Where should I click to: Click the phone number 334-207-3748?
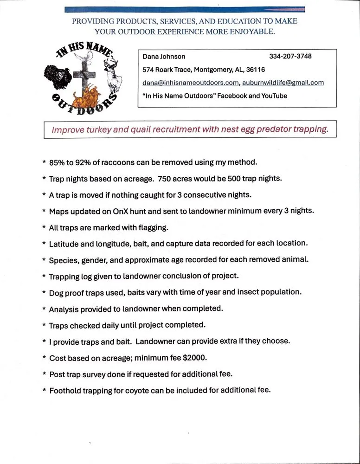[x=290, y=57]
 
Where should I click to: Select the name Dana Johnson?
[x=164, y=57]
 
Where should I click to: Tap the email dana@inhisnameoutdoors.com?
[x=190, y=83]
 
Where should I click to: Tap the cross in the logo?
[x=84, y=77]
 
